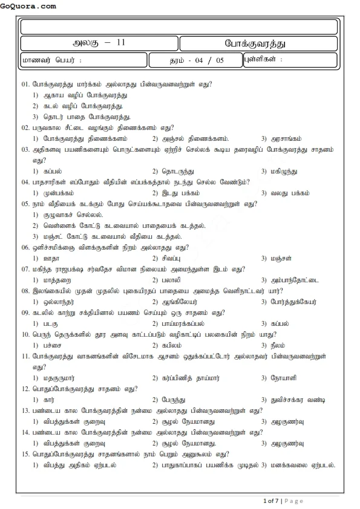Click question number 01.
25,84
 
